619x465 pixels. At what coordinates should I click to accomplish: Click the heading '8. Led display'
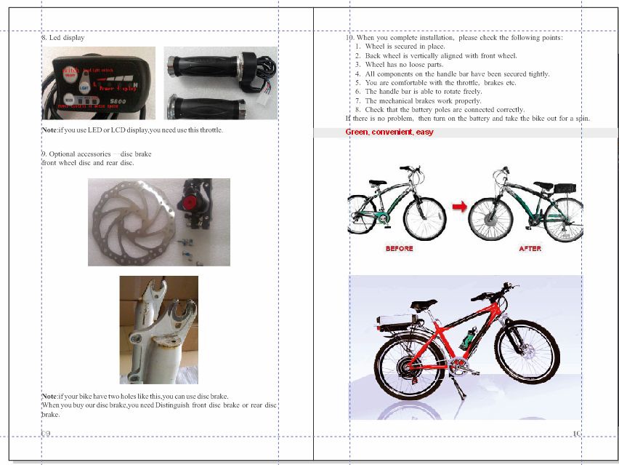(x=63, y=37)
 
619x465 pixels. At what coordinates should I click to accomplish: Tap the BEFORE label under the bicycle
(x=399, y=249)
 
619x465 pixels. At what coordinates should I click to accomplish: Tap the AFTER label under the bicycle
(x=530, y=249)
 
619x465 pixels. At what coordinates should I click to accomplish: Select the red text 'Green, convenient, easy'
(x=389, y=132)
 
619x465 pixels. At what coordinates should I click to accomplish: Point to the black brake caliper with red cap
(x=199, y=204)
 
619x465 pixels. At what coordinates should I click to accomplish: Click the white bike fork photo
(x=158, y=330)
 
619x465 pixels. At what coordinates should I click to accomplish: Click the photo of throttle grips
(x=220, y=82)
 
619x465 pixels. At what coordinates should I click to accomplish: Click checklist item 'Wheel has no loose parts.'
(x=404, y=65)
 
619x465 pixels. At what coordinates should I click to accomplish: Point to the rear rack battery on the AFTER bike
(x=564, y=188)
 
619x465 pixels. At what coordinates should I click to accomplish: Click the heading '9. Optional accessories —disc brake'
(x=97, y=154)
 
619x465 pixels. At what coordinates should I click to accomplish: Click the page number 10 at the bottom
(x=577, y=434)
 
